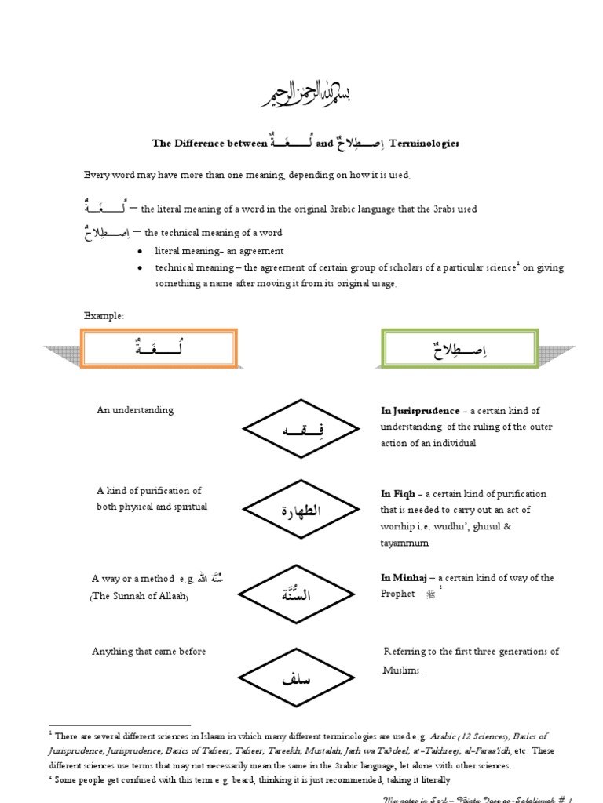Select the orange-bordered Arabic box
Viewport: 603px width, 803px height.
point(158,347)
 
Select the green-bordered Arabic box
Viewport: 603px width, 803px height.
point(460,347)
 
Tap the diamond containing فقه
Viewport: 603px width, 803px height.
point(301,429)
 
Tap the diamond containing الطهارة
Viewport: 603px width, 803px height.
point(301,512)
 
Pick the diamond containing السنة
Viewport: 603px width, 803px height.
point(301,595)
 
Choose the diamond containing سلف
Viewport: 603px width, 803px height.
point(301,678)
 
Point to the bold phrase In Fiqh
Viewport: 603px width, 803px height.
point(397,494)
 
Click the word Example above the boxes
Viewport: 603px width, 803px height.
point(104,315)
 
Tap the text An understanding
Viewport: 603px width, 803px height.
point(135,410)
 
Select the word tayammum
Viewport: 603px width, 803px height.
point(405,543)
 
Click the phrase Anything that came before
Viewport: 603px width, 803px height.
point(149,651)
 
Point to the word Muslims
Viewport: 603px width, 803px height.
point(403,671)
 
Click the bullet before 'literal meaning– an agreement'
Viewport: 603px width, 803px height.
point(139,252)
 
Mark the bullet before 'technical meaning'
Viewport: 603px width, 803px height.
point(139,268)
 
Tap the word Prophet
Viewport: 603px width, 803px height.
point(398,594)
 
